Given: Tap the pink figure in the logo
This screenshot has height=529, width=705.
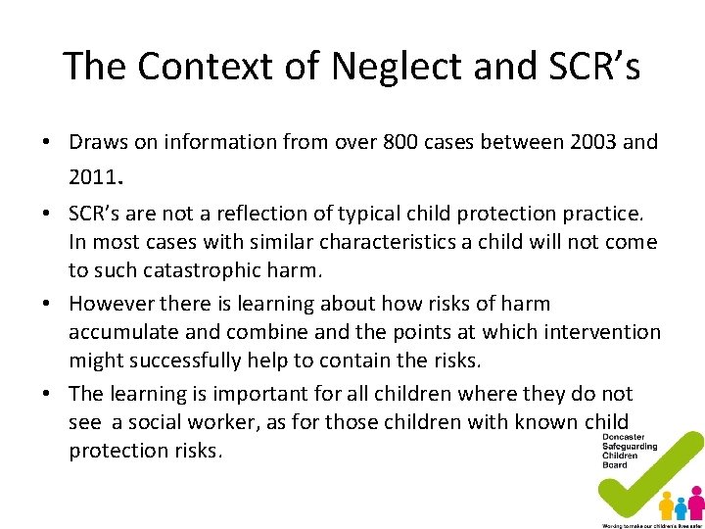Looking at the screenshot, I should [696, 504].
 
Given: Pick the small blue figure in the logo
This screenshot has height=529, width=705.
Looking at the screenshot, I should [681, 509].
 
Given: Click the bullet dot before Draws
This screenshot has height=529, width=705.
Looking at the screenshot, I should [46, 143].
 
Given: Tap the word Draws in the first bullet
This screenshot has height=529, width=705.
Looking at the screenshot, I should [96, 142].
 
